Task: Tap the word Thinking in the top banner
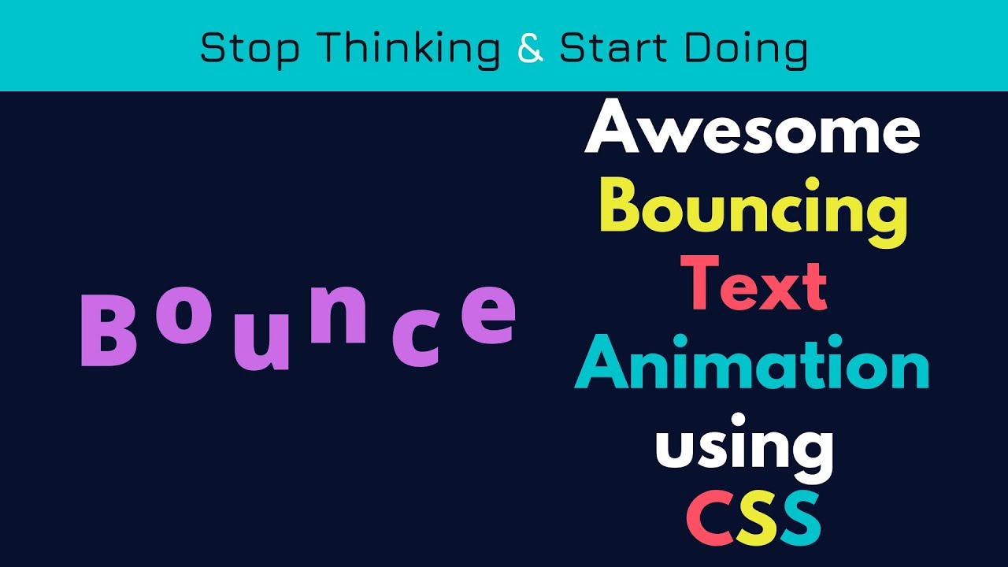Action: pyautogui.click(x=412, y=49)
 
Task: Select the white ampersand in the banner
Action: pyautogui.click(x=531, y=49)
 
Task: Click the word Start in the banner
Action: pyautogui.click(x=615, y=49)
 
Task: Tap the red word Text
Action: pyautogui.click(x=753, y=285)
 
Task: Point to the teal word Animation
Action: pyautogui.click(x=752, y=365)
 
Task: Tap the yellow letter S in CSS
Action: pyautogui.click(x=754, y=518)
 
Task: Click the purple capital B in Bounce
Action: pyautogui.click(x=109, y=330)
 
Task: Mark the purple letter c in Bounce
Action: pyautogui.click(x=415, y=343)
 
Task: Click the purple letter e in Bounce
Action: pyautogui.click(x=488, y=316)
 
